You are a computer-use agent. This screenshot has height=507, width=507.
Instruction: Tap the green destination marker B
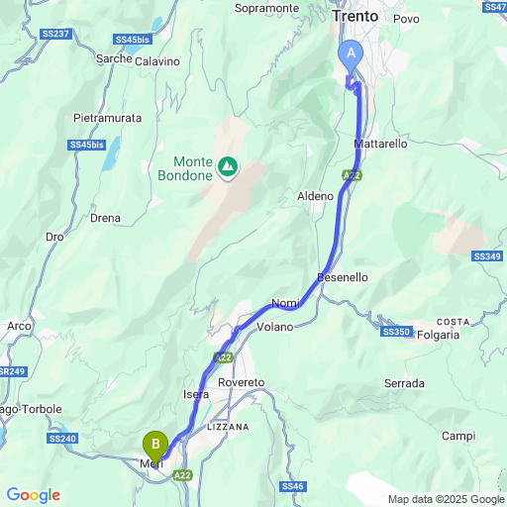pyautogui.click(x=155, y=445)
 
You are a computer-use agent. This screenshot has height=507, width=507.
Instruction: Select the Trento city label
pyautogui.click(x=355, y=17)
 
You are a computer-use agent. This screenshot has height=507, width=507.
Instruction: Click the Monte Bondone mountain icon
pyautogui.click(x=229, y=167)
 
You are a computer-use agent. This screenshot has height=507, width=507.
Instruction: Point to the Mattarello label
pyautogui.click(x=380, y=144)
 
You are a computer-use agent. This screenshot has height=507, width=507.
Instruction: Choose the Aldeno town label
pyautogui.click(x=316, y=196)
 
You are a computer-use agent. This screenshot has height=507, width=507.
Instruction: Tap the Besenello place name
pyautogui.click(x=343, y=277)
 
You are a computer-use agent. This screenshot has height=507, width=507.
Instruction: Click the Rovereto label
pyautogui.click(x=242, y=382)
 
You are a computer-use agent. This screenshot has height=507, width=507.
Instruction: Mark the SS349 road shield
pyautogui.click(x=487, y=256)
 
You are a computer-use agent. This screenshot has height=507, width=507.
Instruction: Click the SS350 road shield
pyautogui.click(x=394, y=332)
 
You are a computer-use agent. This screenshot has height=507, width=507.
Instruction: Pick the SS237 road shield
pyautogui.click(x=57, y=35)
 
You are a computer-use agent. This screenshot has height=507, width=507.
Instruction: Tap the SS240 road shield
pyautogui.click(x=60, y=438)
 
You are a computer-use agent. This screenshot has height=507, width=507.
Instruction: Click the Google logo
pyautogui.click(x=33, y=495)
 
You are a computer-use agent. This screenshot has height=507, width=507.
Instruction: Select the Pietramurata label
pyautogui.click(x=108, y=118)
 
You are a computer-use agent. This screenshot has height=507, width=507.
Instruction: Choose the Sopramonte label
pyautogui.click(x=267, y=8)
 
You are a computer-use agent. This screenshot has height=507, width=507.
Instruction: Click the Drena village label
pyautogui.click(x=105, y=218)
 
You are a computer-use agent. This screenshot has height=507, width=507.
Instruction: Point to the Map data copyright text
pyautogui.click(x=446, y=498)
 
